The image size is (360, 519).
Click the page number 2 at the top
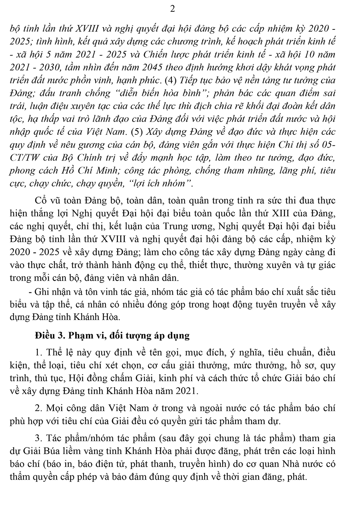[173, 9]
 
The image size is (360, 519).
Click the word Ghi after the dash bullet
[41, 292]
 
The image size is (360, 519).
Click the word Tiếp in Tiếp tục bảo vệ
[189, 80]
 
